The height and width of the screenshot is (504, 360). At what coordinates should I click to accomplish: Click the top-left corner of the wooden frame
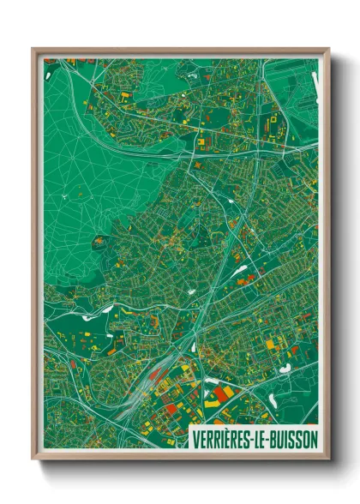click(33, 50)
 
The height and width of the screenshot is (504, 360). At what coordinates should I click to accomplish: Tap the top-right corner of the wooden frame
click(328, 50)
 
